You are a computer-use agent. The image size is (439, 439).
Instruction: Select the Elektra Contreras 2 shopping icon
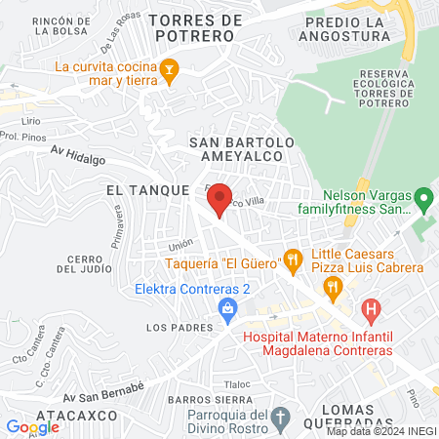click(x=227, y=309)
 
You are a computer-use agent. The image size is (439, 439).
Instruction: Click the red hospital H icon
click(x=370, y=311)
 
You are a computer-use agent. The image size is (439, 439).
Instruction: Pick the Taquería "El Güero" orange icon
click(x=291, y=259)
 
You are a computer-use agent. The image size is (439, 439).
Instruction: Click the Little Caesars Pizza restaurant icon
click(x=333, y=286)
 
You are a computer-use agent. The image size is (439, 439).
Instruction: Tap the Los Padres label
click(x=172, y=328)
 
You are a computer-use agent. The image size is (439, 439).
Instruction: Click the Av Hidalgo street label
click(x=78, y=152)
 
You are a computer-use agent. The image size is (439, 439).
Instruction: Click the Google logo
click(x=32, y=426)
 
